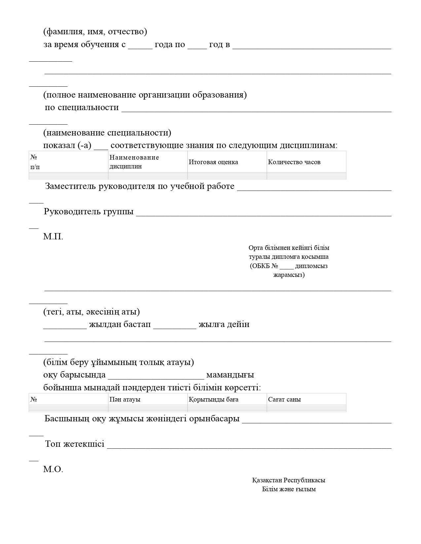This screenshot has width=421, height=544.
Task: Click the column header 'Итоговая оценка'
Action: tap(213, 162)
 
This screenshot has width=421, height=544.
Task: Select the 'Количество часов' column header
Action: tap(294, 162)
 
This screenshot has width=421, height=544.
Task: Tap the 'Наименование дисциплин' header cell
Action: tap(134, 162)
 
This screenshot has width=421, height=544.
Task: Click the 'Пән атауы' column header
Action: tap(125, 399)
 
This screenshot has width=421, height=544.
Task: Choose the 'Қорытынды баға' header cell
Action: tap(213, 399)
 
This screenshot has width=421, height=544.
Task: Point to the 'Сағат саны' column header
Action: tap(284, 399)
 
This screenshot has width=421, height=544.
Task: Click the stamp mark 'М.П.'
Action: tap(53, 236)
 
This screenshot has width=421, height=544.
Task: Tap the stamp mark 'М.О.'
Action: tap(53, 469)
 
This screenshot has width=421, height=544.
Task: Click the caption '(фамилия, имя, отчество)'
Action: tap(95, 32)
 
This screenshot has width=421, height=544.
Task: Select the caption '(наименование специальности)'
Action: tap(107, 133)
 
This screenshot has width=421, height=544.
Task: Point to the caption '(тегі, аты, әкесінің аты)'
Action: tap(91, 312)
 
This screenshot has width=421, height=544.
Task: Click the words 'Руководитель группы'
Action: tap(89, 211)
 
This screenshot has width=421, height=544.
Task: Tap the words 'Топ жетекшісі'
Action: tap(75, 444)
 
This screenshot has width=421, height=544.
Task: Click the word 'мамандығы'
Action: tap(230, 375)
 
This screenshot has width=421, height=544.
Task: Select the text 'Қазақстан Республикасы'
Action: tap(289, 480)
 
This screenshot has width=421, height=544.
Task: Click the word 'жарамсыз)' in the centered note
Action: tap(289, 275)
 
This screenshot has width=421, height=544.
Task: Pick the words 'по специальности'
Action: tap(82, 107)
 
